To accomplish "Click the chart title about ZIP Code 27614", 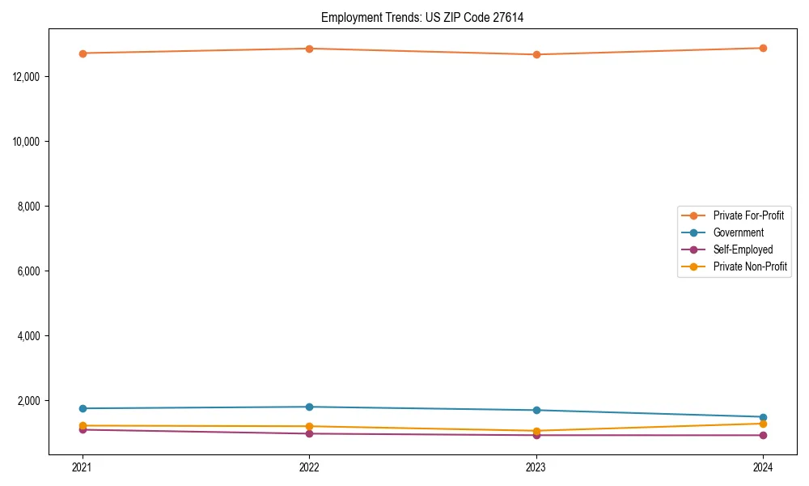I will pos(422,17).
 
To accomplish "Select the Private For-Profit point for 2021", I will pos(83,53).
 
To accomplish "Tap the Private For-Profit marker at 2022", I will pos(309,49).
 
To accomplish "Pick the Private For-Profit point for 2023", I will pos(536,54).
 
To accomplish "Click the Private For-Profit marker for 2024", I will pos(763,48).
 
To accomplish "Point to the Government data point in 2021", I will pos(83,408).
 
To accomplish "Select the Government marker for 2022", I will pos(309,407).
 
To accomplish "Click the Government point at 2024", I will pos(763,417).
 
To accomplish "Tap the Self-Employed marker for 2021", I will pos(83,429).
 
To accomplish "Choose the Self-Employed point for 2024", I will pos(763,435).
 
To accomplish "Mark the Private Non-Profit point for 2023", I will pos(536,431).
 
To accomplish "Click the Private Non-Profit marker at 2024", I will pos(763,424).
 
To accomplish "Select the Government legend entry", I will pos(738,232).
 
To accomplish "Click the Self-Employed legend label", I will pos(743,249).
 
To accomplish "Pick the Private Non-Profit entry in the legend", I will pos(750,266).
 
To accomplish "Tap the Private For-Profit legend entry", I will pos(748,215).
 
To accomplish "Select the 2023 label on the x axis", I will pos(536,467).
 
